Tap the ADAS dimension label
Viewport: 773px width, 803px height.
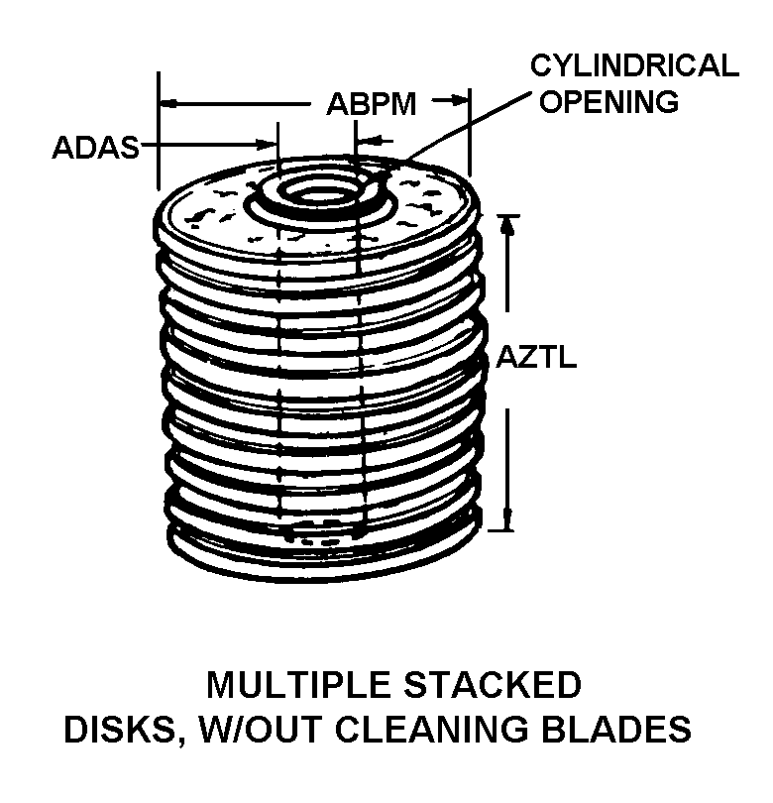(x=95, y=148)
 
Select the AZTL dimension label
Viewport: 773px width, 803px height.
(x=536, y=357)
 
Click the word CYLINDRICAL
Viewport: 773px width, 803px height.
(x=634, y=66)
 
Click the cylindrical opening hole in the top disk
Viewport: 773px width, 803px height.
(x=319, y=193)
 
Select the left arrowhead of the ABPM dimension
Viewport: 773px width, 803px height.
(x=168, y=101)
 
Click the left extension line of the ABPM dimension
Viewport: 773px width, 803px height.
(x=159, y=129)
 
